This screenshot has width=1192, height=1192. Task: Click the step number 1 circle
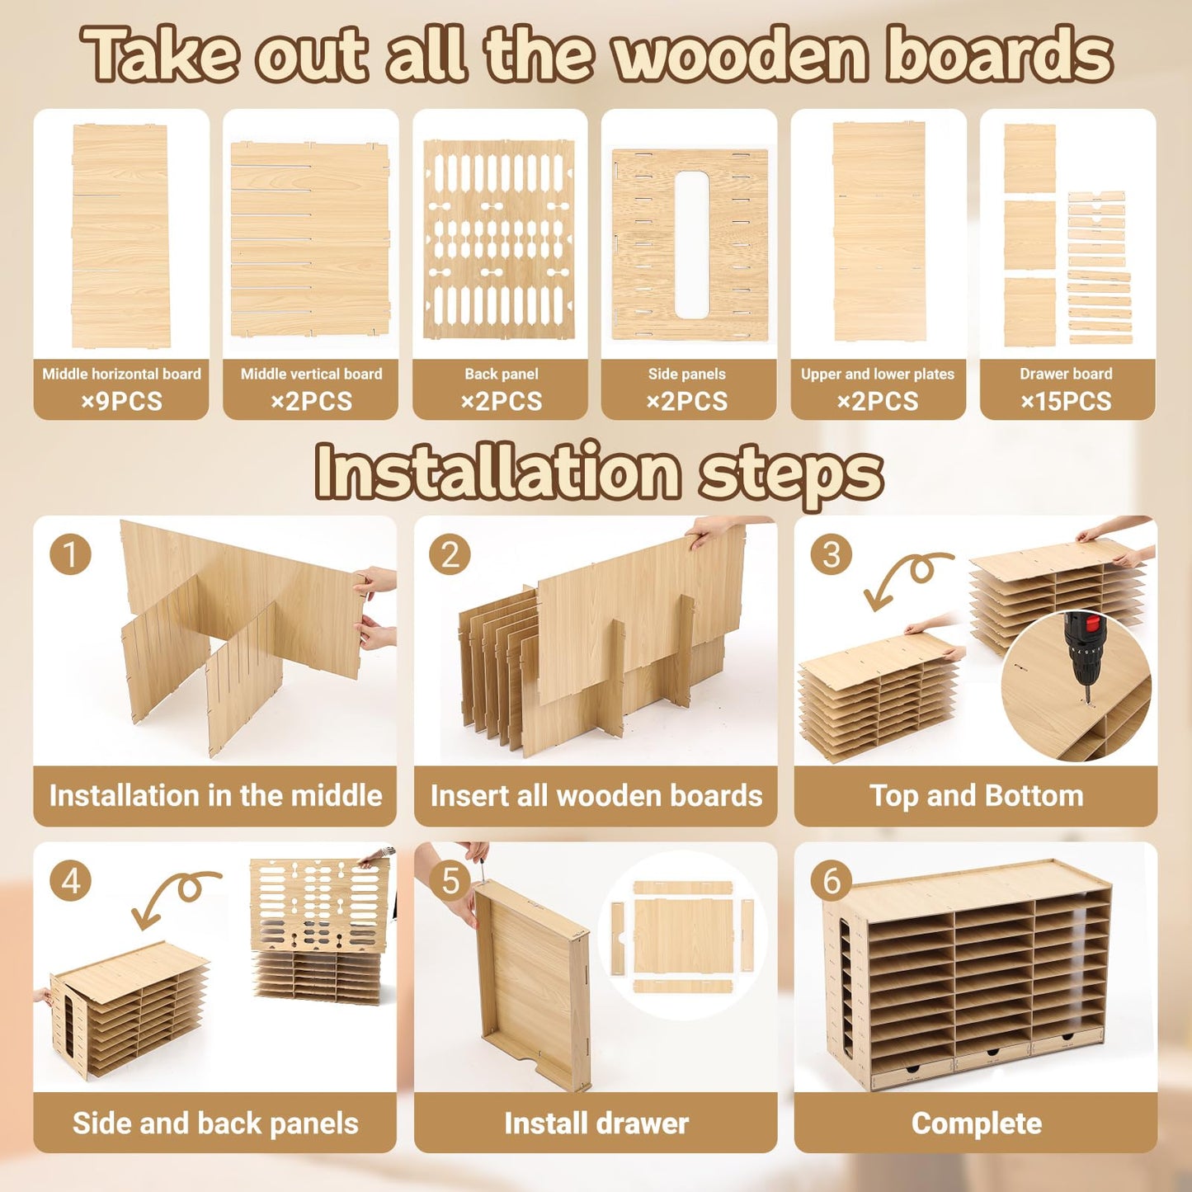click(70, 554)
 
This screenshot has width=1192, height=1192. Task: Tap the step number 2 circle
click(450, 554)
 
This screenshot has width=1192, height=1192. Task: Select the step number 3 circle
click(831, 554)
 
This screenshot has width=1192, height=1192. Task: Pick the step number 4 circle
click(70, 880)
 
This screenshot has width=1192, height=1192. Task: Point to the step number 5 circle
click(450, 880)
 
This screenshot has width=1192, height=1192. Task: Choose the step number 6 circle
click(831, 880)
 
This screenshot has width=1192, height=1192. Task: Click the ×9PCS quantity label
click(121, 402)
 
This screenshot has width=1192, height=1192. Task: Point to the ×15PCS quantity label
click(1066, 402)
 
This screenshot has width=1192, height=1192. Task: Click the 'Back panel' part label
click(501, 374)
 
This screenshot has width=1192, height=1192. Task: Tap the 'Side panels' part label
click(686, 374)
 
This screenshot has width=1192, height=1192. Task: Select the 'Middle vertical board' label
click(311, 374)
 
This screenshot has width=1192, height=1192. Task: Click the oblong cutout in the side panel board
click(691, 245)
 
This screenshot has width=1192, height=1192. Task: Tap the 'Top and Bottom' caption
click(976, 796)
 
